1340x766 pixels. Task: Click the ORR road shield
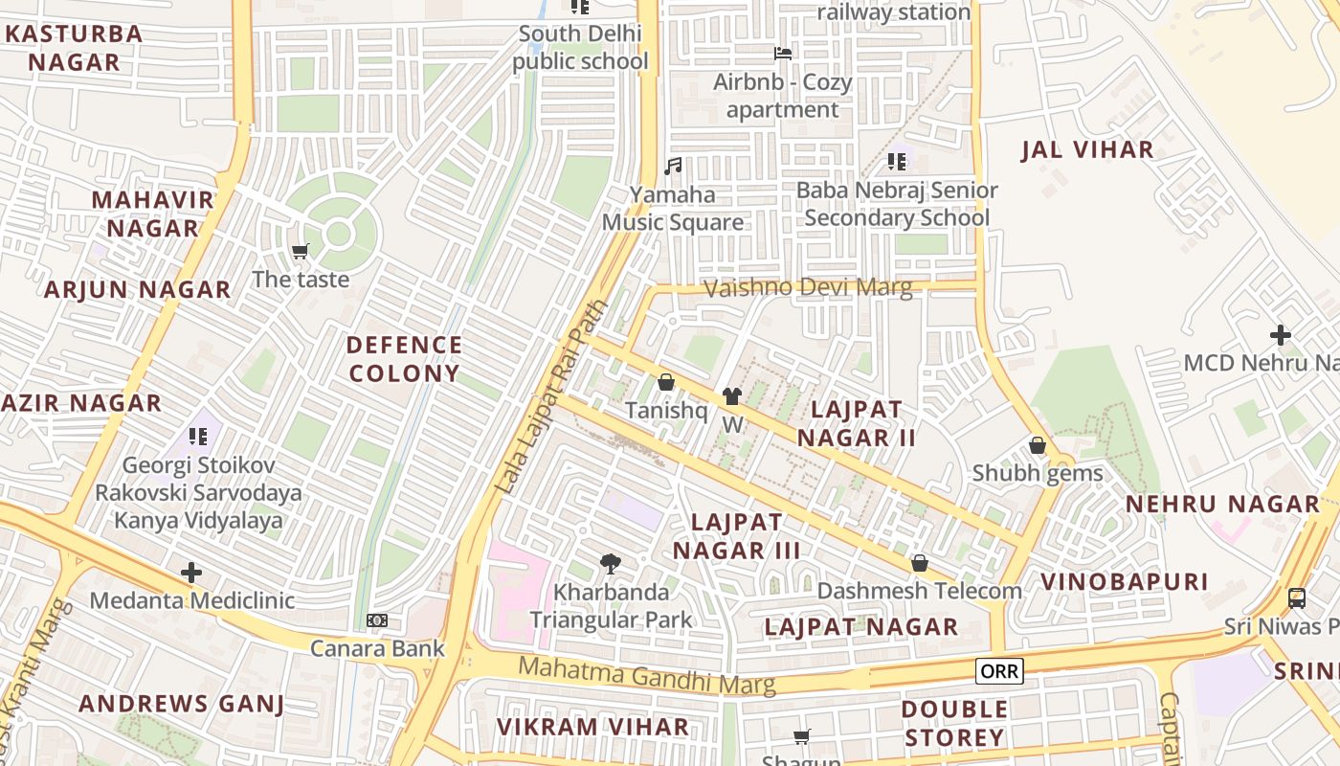click(x=999, y=671)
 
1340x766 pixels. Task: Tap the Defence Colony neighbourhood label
click(x=404, y=359)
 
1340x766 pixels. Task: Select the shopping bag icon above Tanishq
click(x=666, y=383)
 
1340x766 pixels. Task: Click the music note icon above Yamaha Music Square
click(x=673, y=166)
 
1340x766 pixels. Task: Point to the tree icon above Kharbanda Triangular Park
click(x=610, y=564)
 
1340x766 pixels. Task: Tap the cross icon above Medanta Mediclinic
click(x=191, y=573)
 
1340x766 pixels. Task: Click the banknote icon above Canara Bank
click(x=377, y=620)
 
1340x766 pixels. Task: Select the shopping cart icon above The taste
click(x=301, y=252)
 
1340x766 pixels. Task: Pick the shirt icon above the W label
click(x=732, y=396)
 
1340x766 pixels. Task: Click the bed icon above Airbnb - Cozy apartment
click(x=782, y=54)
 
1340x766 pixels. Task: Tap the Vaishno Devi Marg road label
click(x=808, y=287)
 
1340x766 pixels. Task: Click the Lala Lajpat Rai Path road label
click(x=551, y=398)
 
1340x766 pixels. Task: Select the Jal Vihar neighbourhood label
click(x=1087, y=150)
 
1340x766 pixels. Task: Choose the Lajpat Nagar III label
click(x=737, y=536)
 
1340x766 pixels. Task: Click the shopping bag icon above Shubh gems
click(x=1037, y=446)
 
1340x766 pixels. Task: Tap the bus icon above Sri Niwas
click(x=1296, y=598)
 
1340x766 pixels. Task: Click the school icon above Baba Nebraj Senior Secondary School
click(x=896, y=162)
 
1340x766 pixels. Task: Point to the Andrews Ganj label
click(x=181, y=704)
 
